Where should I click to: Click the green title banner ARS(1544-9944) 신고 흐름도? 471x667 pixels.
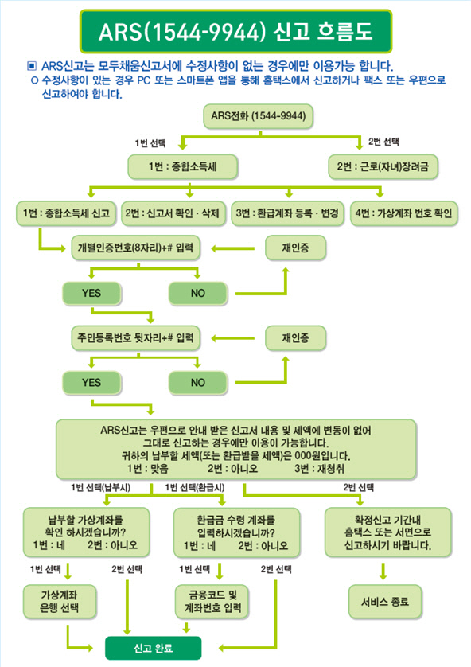click(x=235, y=32)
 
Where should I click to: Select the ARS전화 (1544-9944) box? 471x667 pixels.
click(x=258, y=116)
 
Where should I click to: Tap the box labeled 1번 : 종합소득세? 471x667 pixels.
click(x=182, y=166)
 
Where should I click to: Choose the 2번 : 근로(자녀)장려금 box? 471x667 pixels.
click(x=383, y=166)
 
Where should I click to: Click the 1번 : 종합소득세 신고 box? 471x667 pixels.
click(x=66, y=213)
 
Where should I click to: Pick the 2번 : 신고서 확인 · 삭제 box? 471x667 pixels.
click(x=173, y=213)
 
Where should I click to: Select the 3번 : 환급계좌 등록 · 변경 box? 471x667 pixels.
click(x=287, y=213)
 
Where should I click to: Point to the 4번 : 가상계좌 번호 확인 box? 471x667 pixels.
click(x=404, y=213)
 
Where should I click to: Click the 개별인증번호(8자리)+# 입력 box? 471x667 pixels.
click(x=135, y=248)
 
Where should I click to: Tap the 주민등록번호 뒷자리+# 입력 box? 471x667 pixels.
click(x=135, y=338)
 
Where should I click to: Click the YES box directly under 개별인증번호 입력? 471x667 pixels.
click(x=91, y=293)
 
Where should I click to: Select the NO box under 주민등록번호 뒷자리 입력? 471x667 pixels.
click(x=198, y=383)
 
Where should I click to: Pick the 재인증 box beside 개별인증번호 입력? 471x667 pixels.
click(x=295, y=248)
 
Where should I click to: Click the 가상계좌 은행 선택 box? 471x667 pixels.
click(x=60, y=602)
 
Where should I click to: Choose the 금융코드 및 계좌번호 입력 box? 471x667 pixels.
click(x=212, y=602)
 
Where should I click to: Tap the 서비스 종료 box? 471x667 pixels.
click(x=385, y=602)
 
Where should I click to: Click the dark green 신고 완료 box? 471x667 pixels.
click(x=153, y=648)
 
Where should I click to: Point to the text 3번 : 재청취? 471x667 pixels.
click(x=319, y=469)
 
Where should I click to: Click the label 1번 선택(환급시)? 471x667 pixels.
click(x=195, y=487)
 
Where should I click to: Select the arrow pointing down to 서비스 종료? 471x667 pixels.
click(x=383, y=571)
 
